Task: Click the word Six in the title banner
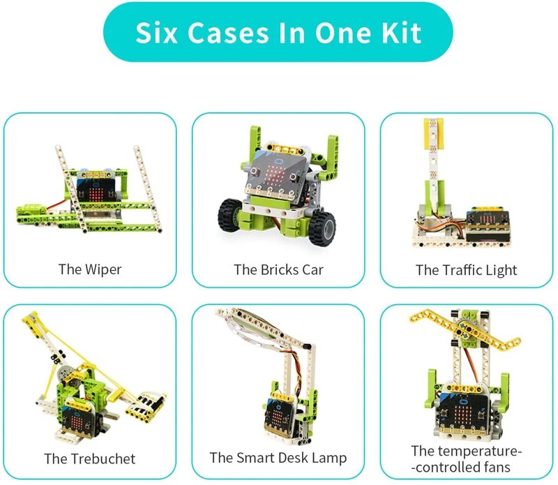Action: (x=156, y=33)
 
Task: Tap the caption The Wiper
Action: (x=90, y=269)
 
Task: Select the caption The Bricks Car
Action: (x=278, y=269)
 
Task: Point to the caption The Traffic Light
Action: (x=466, y=270)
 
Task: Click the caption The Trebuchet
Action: (x=90, y=458)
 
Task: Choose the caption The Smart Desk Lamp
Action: (x=278, y=458)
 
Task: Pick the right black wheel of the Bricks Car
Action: (x=322, y=229)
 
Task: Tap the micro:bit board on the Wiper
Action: (x=96, y=189)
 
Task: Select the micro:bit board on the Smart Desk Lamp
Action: (x=278, y=415)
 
